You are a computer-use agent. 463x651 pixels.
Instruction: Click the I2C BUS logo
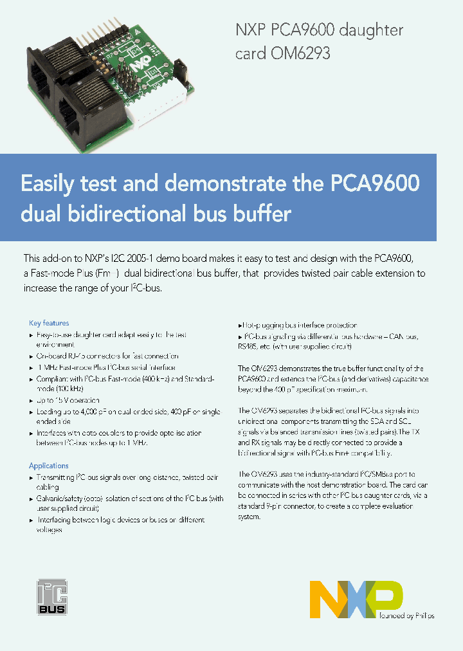click(x=51, y=596)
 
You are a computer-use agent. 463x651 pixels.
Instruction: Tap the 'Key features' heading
click(x=49, y=323)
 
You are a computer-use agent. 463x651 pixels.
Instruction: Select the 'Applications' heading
click(x=48, y=466)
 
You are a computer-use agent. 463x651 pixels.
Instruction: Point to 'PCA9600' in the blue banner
click(x=375, y=183)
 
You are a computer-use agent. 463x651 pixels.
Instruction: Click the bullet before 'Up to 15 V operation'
click(x=32, y=400)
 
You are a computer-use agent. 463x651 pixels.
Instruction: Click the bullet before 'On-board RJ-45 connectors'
click(x=32, y=356)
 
